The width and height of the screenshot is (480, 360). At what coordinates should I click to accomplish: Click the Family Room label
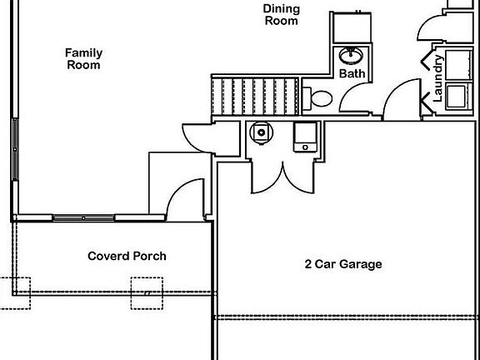[83, 59]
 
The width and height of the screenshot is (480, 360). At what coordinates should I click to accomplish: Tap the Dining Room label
[282, 14]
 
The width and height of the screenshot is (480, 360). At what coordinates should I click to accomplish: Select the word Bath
[352, 73]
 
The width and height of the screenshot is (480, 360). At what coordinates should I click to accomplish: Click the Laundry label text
[438, 78]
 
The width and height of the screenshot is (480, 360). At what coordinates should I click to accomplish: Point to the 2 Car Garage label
[343, 264]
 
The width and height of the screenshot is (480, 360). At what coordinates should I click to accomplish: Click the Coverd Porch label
[127, 256]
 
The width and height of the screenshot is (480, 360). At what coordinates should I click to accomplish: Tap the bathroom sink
[351, 56]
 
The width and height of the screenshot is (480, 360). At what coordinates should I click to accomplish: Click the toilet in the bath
[317, 98]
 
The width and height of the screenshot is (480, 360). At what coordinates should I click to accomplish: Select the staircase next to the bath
[255, 97]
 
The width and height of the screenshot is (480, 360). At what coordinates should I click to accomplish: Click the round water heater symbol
[261, 132]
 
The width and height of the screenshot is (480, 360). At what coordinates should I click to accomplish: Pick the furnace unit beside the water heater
[305, 137]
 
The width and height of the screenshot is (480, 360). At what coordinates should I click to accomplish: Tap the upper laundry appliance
[458, 65]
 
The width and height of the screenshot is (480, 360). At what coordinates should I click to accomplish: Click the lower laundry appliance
[458, 96]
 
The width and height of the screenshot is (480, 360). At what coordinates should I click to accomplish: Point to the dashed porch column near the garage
[147, 293]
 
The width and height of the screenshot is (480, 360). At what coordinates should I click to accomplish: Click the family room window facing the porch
[83, 218]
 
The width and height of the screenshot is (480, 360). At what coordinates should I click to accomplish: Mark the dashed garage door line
[346, 317]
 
